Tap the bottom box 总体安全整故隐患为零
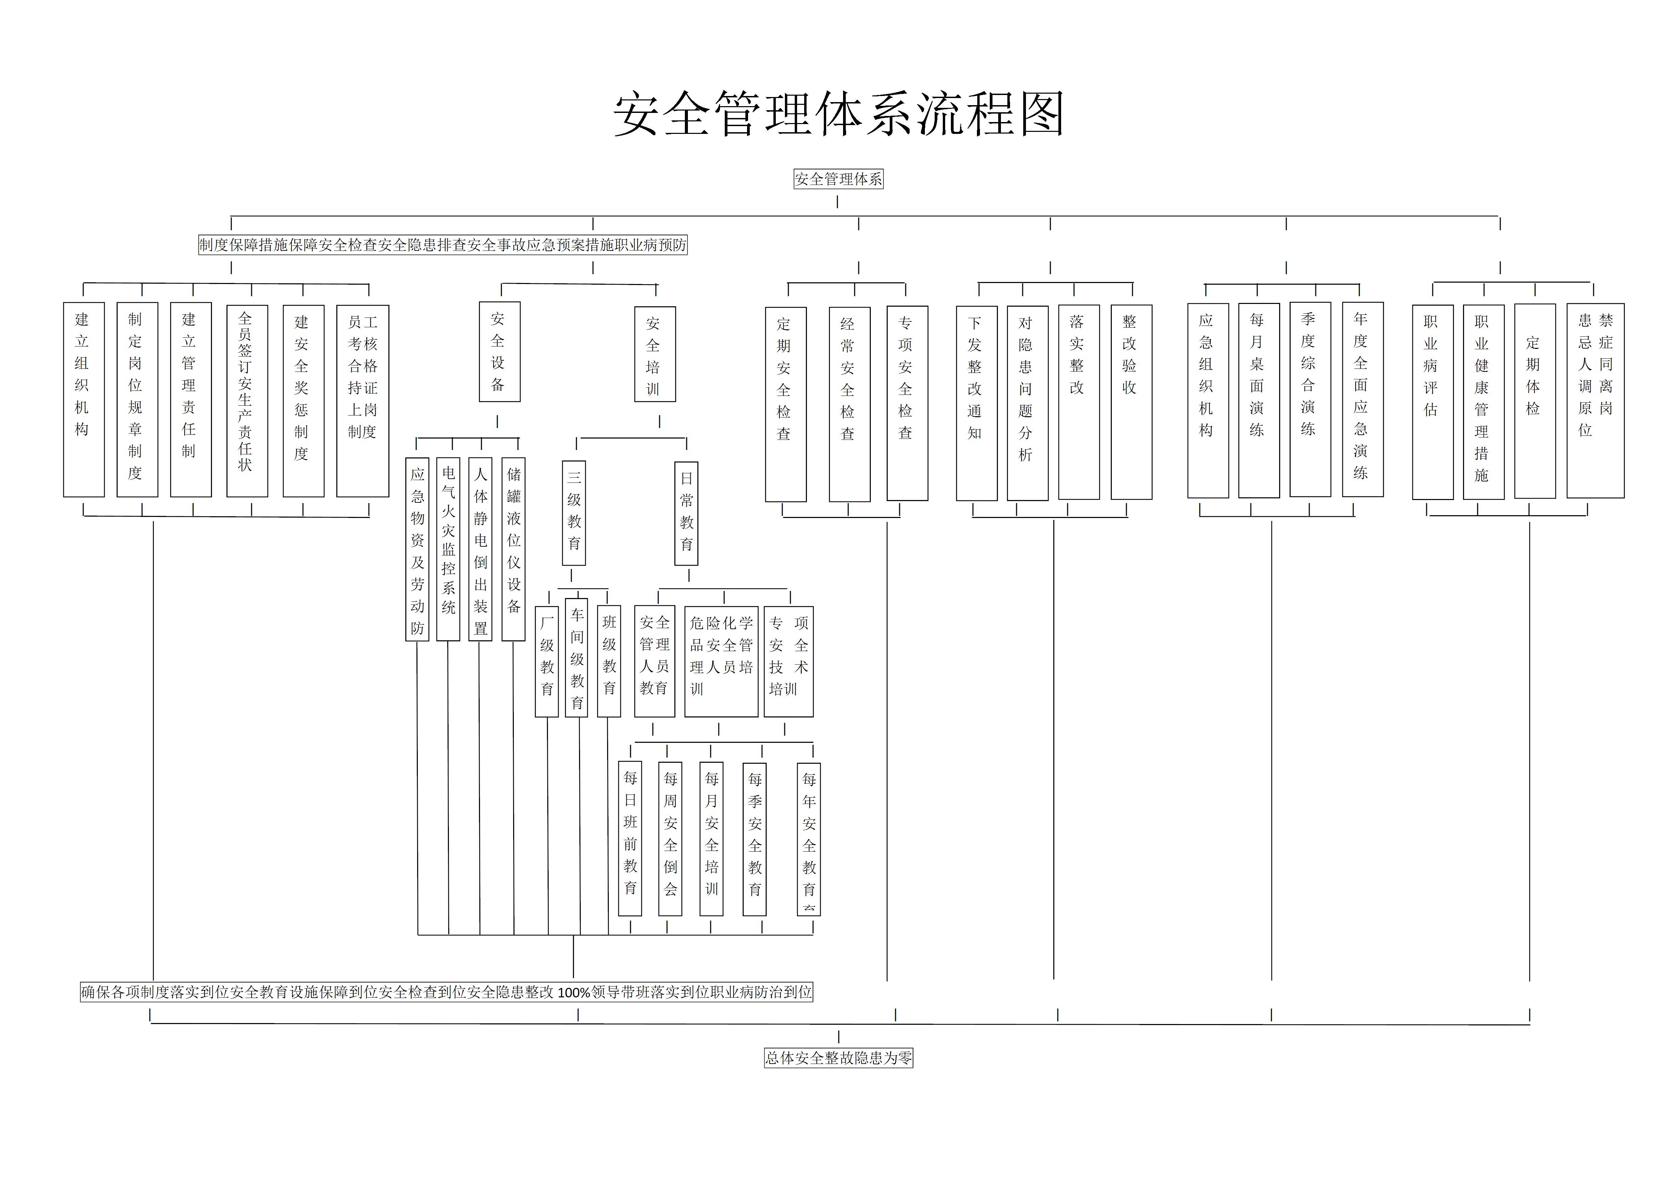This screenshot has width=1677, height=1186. (838, 1058)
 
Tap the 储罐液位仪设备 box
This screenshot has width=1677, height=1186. (513, 549)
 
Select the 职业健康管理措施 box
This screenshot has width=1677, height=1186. (1483, 402)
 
